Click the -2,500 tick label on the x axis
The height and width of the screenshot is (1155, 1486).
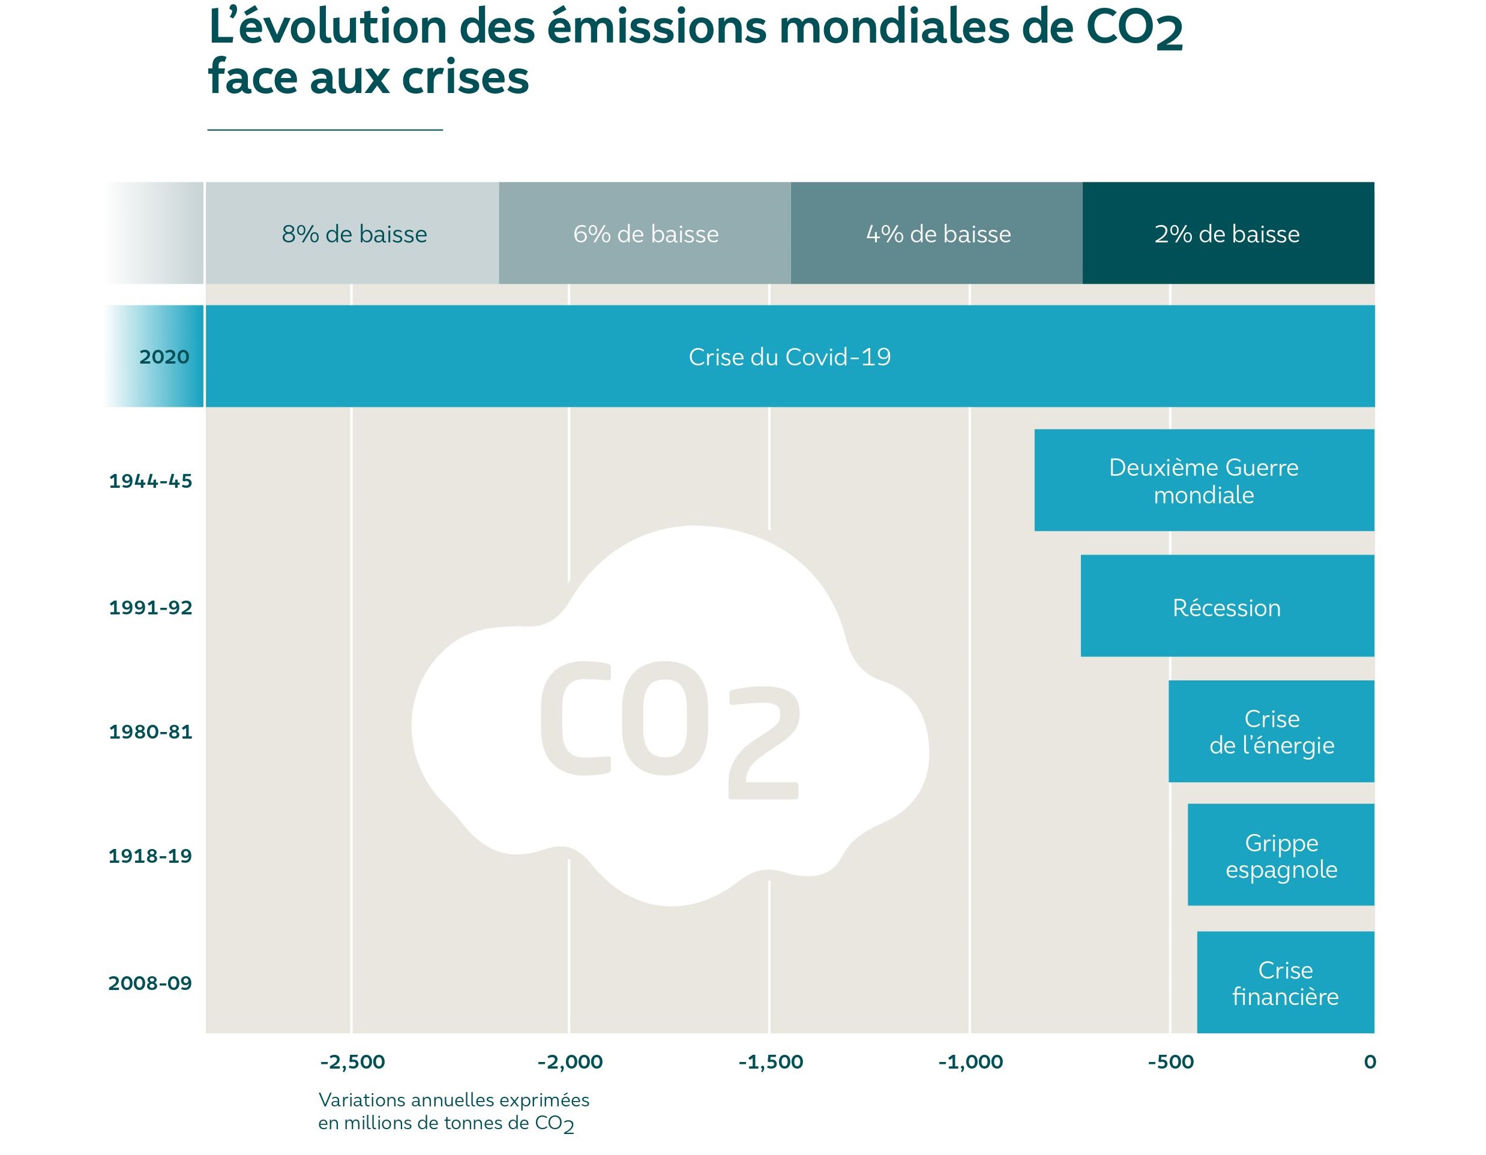point(352,1062)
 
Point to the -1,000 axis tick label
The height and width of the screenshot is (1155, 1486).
point(970,1062)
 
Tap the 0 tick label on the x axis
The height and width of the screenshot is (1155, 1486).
point(1370,1062)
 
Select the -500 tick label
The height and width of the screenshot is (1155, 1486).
point(1170,1062)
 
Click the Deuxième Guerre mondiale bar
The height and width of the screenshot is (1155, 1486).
point(1204,480)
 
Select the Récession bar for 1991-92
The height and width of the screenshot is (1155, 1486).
point(1227,606)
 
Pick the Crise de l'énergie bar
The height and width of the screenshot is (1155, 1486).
point(1271,731)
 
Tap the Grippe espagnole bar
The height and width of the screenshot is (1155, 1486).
point(1281,855)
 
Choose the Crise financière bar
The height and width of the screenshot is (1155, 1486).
point(1286,982)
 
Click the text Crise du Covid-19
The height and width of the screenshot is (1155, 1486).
point(789,357)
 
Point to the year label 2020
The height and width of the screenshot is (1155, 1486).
point(164,357)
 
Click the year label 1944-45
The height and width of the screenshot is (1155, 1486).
point(151,482)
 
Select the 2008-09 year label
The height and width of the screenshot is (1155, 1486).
point(149,983)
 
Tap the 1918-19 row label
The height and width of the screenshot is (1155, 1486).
point(149,856)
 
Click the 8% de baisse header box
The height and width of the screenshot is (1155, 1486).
point(354,233)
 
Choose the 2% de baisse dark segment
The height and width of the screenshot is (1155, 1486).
point(1227,233)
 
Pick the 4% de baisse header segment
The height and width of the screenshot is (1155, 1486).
point(937,233)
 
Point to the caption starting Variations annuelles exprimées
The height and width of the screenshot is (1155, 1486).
point(453,1111)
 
